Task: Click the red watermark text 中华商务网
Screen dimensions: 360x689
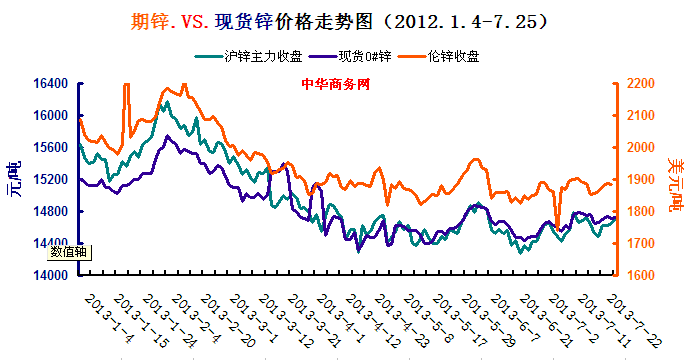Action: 336,84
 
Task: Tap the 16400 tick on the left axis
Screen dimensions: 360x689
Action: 54,84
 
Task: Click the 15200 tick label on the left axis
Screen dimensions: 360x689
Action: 54,180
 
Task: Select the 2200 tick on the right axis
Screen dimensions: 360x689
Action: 643,84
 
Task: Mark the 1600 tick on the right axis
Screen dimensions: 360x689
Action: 643,276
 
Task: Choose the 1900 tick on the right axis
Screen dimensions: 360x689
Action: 643,180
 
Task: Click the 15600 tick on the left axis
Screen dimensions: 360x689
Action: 54,148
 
